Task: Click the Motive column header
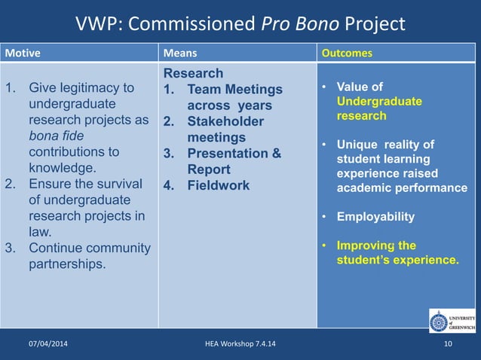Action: point(23,53)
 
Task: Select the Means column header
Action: point(181,53)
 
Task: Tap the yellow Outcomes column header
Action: point(347,53)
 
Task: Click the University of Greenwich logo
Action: point(452,320)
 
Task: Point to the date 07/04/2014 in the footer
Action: point(47,344)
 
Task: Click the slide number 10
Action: point(449,344)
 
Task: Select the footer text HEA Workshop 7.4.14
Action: point(240,344)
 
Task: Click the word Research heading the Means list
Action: point(193,73)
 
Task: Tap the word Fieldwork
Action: point(218,185)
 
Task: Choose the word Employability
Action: point(375,217)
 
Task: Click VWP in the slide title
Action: point(97,24)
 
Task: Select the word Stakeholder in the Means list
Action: point(225,121)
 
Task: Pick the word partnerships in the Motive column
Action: point(67,264)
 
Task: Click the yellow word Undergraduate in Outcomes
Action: point(379,102)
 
